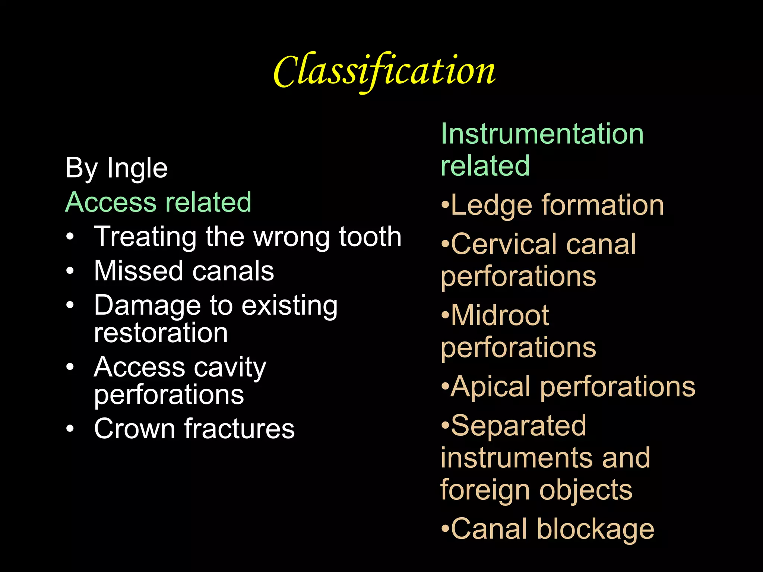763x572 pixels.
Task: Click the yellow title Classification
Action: click(384, 71)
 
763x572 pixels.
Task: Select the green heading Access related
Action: click(158, 202)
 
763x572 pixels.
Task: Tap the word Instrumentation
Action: click(542, 134)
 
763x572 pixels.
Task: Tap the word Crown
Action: click(134, 429)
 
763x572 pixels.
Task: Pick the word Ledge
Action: click(491, 206)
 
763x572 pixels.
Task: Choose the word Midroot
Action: click(500, 315)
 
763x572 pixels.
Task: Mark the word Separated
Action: click(518, 426)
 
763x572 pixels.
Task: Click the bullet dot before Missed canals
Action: click(70, 271)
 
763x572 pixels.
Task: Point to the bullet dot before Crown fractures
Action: click(70, 429)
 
